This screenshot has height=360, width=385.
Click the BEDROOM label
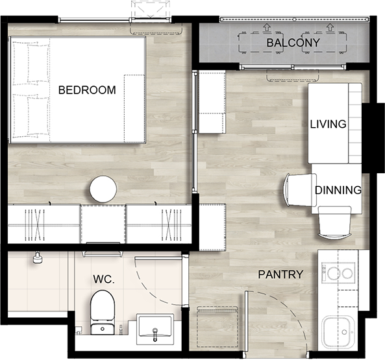[x=87, y=90]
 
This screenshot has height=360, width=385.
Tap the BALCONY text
[x=293, y=43]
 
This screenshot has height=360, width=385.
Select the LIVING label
[x=329, y=124]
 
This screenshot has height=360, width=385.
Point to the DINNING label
[x=338, y=190]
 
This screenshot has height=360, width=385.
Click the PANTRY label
[x=280, y=274]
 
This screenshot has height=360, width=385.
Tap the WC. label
[x=104, y=279]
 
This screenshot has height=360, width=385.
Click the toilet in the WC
[x=103, y=312]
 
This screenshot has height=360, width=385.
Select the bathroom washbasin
[x=155, y=329]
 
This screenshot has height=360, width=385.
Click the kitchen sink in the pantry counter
[x=338, y=332]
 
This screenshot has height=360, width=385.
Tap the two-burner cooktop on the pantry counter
[x=338, y=273]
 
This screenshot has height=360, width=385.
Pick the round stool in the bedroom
[x=103, y=189]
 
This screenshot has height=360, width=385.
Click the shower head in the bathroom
[x=37, y=258]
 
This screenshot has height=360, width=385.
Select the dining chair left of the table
[x=300, y=190]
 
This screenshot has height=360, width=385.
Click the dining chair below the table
[x=334, y=222]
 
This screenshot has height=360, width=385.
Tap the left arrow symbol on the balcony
[x=266, y=27]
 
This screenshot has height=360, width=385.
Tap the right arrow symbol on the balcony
[x=330, y=27]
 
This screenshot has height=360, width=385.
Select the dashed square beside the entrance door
[x=217, y=327]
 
